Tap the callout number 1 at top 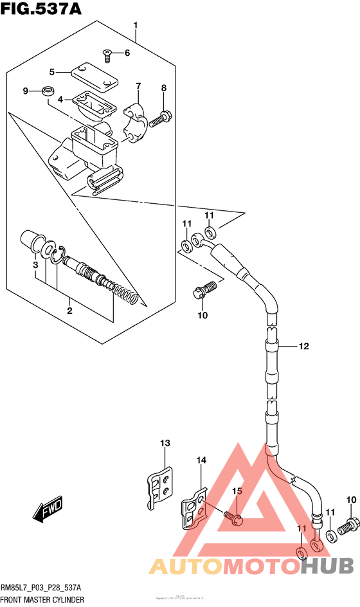click(136, 25)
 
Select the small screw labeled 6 click(107, 55)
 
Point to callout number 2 click(69, 311)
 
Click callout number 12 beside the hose click(303, 347)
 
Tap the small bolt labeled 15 click(233, 516)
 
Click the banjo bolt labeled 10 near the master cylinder click(201, 290)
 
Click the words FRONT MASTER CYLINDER click(42, 599)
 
